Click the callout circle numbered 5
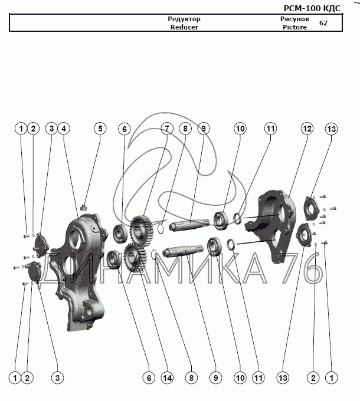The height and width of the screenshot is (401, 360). pos(100,129)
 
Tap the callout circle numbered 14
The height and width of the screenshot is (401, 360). pos(167,378)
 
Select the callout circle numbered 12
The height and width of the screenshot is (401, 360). pos(307,129)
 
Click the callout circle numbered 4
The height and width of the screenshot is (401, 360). pos(64,129)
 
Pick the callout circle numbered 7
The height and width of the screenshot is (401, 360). pos(167,129)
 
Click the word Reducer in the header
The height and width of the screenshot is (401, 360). pos(184,27)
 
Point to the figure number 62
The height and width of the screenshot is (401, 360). pos(323,23)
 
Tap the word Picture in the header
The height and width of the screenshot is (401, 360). pos(294,27)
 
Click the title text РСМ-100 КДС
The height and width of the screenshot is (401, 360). pos(312,8)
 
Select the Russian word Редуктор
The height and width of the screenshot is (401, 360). pos(184,19)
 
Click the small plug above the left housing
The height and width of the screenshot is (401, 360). pos(84,207)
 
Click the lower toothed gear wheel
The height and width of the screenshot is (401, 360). pos(135,257)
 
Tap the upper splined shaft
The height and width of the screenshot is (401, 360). pos(189,224)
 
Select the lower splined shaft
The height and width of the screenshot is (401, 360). pos(183,251)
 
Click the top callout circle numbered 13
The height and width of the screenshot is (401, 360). pos(331,129)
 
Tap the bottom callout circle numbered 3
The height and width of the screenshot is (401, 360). pos(57,378)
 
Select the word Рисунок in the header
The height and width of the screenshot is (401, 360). pos(294,19)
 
